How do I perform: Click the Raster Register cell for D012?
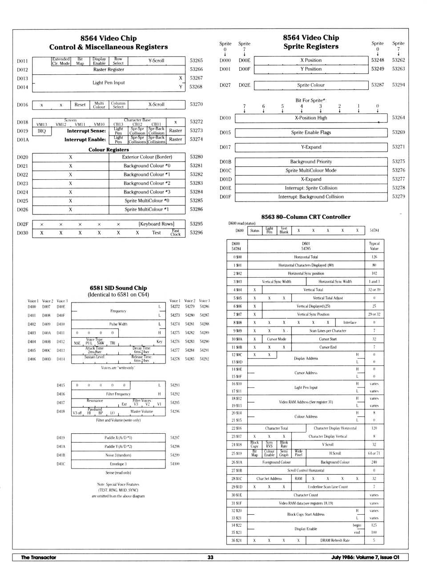click(109, 69)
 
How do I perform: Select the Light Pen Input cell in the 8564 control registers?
click(109, 83)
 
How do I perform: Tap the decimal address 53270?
click(196, 105)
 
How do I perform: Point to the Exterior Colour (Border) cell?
click(147, 157)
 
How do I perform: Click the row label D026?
click(23, 210)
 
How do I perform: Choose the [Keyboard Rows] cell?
click(156, 224)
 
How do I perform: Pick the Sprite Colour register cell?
click(311, 85)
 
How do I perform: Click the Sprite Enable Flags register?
click(311, 133)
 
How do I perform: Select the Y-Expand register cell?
click(311, 147)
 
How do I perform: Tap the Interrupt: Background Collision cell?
click(311, 197)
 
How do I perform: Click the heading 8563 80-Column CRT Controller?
click(306, 217)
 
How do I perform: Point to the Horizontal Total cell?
click(306, 257)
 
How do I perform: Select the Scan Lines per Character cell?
click(328, 331)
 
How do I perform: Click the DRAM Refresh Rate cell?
click(335, 541)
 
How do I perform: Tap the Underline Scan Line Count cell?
click(328, 487)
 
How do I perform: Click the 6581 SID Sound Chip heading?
click(118, 288)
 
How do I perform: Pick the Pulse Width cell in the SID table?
click(118, 324)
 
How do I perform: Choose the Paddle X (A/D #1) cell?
click(118, 438)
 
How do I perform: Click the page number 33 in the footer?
click(210, 557)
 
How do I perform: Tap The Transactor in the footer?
click(39, 557)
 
